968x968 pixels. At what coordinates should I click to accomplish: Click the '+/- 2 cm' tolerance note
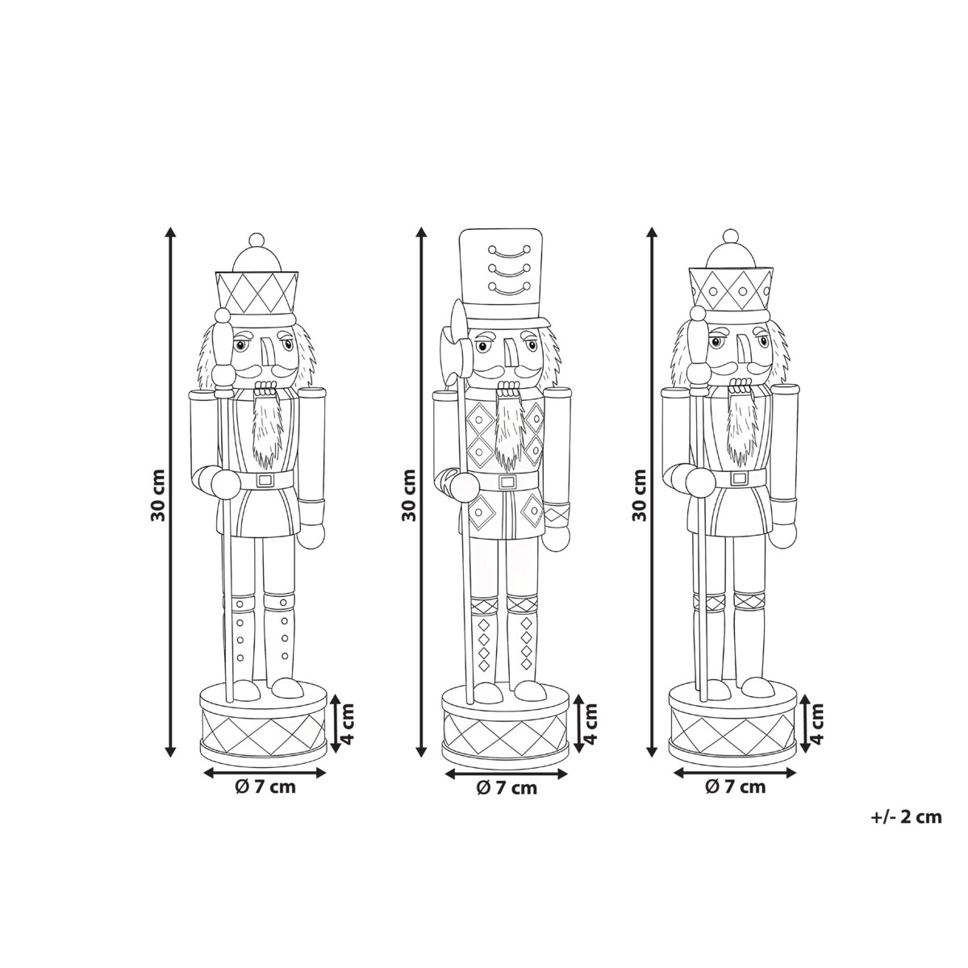[906, 818]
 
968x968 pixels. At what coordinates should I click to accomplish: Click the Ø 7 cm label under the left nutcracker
[265, 787]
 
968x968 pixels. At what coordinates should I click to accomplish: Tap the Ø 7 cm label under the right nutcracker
[736, 787]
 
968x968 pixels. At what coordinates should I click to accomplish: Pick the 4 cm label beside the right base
[818, 724]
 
